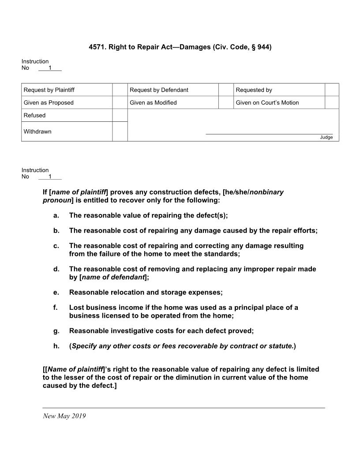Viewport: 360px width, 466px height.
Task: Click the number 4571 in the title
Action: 97,46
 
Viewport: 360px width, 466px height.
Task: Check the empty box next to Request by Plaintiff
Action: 120,90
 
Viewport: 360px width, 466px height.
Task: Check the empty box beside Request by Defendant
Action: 225,90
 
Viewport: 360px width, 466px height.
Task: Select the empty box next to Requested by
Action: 332,90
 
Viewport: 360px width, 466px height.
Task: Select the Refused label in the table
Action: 34,115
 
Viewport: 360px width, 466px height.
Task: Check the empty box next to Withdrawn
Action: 120,132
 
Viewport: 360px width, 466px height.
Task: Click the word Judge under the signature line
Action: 326,137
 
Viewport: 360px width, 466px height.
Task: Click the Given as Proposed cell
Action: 49,102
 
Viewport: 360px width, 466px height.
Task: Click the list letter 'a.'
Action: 56,215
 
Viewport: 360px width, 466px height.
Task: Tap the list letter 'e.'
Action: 56,292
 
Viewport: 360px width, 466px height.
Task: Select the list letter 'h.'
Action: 56,346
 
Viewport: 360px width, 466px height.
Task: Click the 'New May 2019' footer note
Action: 64,416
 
